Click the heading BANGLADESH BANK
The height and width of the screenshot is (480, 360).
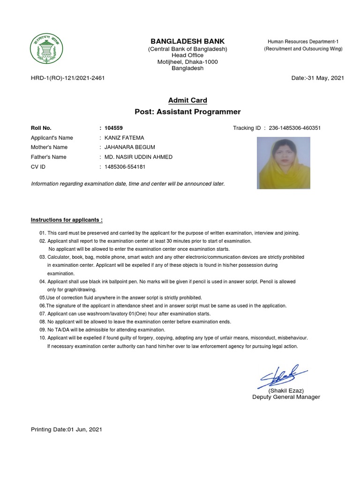(x=187, y=42)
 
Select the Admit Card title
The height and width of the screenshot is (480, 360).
(x=187, y=100)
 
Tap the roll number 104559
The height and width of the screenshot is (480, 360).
(x=114, y=128)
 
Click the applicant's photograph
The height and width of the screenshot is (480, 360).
(x=284, y=163)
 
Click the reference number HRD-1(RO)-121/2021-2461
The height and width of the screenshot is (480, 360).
(x=67, y=78)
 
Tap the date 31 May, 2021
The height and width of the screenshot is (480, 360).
(x=326, y=78)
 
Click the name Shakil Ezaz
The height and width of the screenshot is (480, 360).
(x=286, y=390)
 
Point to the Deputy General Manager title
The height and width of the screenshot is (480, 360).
(x=286, y=397)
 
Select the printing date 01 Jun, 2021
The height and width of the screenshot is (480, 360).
(x=85, y=429)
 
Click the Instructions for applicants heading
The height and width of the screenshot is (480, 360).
(x=67, y=220)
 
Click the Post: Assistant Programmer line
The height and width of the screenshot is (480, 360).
(x=187, y=112)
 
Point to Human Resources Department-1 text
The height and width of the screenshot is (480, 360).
(x=303, y=42)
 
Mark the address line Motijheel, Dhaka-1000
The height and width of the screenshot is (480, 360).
(x=187, y=62)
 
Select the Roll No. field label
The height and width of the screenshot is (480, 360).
(x=41, y=128)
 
